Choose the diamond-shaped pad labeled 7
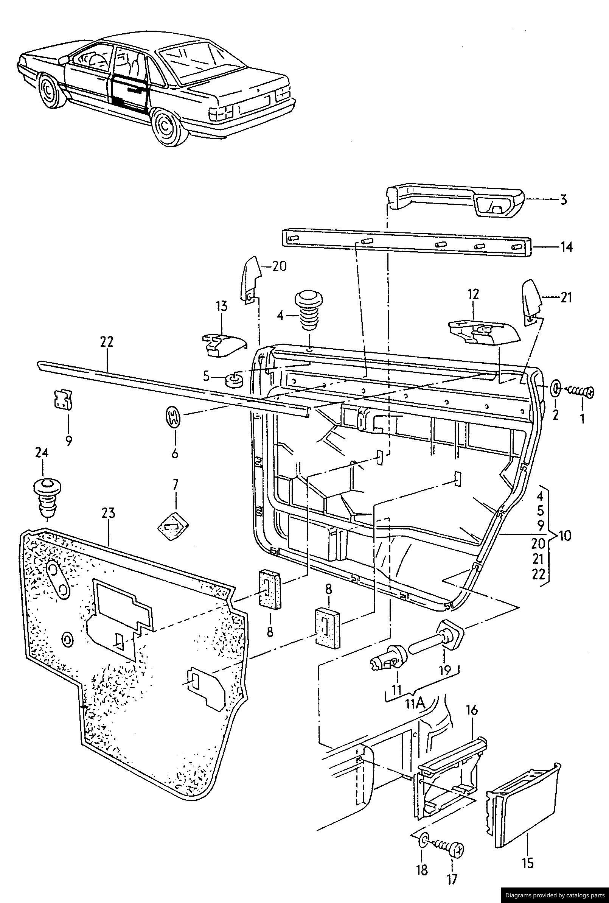pyautogui.click(x=173, y=526)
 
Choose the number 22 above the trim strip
pyautogui.click(x=106, y=342)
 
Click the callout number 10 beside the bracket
pyautogui.click(x=564, y=536)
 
